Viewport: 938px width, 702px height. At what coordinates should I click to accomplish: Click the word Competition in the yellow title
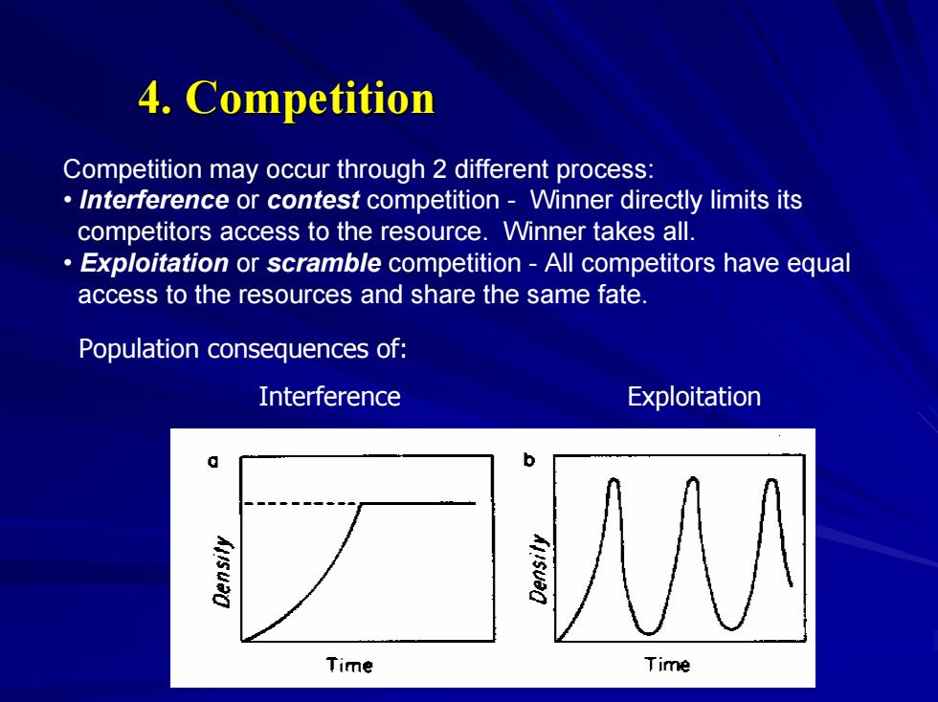(x=310, y=99)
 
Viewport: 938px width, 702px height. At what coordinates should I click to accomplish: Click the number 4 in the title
(x=151, y=98)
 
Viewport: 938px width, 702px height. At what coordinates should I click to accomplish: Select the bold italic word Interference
(x=154, y=200)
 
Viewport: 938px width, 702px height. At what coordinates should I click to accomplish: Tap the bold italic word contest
(x=313, y=200)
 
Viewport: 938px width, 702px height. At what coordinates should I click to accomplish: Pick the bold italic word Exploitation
(x=154, y=263)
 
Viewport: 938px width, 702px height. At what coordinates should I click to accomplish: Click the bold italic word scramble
(x=324, y=263)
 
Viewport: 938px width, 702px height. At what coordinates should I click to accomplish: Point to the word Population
(x=138, y=349)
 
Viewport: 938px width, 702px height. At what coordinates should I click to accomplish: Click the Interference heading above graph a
(x=329, y=397)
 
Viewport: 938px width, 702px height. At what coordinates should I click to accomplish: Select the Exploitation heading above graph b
(x=694, y=397)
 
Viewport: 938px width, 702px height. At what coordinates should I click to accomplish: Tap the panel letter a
(x=212, y=461)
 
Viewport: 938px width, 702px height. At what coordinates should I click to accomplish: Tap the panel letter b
(x=528, y=460)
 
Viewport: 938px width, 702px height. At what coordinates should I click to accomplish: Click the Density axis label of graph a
(x=222, y=571)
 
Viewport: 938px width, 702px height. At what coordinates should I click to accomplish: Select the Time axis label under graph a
(x=349, y=665)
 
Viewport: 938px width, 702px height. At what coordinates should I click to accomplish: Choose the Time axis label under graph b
(x=667, y=665)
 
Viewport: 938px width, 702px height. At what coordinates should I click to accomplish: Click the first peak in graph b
(x=614, y=479)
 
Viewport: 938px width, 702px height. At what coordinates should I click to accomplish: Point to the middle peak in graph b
(x=693, y=478)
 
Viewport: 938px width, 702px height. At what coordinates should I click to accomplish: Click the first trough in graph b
(x=649, y=632)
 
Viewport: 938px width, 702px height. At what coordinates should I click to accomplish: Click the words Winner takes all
(x=599, y=231)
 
